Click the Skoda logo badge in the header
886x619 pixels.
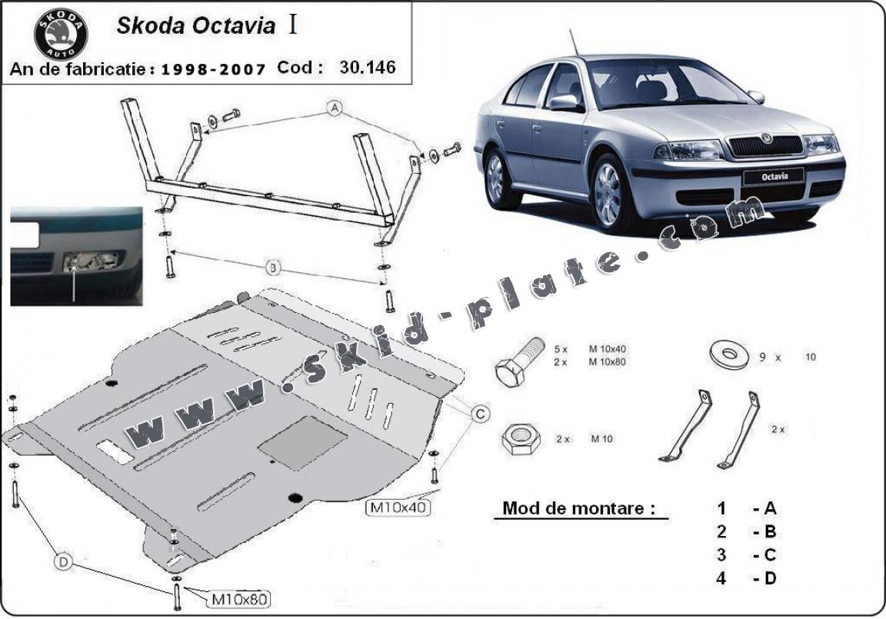pyautogui.click(x=61, y=34)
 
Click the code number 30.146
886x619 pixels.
pyautogui.click(x=367, y=67)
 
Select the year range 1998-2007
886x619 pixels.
pyautogui.click(x=214, y=68)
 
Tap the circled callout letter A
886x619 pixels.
pyautogui.click(x=334, y=108)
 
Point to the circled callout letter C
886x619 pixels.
pyautogui.click(x=478, y=414)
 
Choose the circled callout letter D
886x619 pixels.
pyautogui.click(x=63, y=564)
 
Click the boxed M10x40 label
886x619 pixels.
pyautogui.click(x=398, y=507)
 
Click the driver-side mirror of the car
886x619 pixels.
pyautogui.click(x=564, y=103)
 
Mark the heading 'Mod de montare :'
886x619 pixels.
pyautogui.click(x=579, y=508)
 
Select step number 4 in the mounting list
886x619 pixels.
pyautogui.click(x=721, y=578)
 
